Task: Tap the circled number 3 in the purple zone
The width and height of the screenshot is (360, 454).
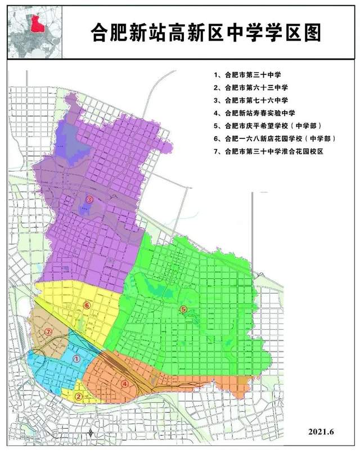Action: [90, 200]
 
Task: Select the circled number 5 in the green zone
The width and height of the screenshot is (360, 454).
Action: [183, 309]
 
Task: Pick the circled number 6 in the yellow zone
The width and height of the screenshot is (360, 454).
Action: [87, 305]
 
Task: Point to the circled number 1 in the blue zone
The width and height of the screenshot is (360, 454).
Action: [77, 357]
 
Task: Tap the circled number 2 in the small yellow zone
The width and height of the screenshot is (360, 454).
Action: [79, 396]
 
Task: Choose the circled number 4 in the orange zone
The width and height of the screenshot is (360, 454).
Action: [125, 383]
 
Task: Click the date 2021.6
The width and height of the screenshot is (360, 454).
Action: [321, 431]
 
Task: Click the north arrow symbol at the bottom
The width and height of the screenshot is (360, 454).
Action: [92, 433]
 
